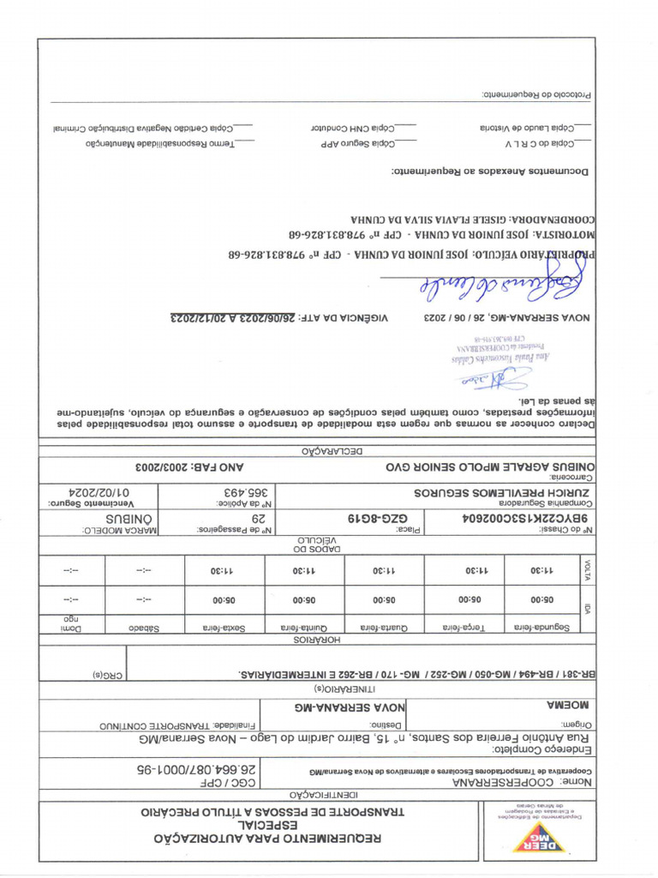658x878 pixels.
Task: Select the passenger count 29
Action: click(257, 518)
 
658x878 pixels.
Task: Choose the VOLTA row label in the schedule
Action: click(588, 569)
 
